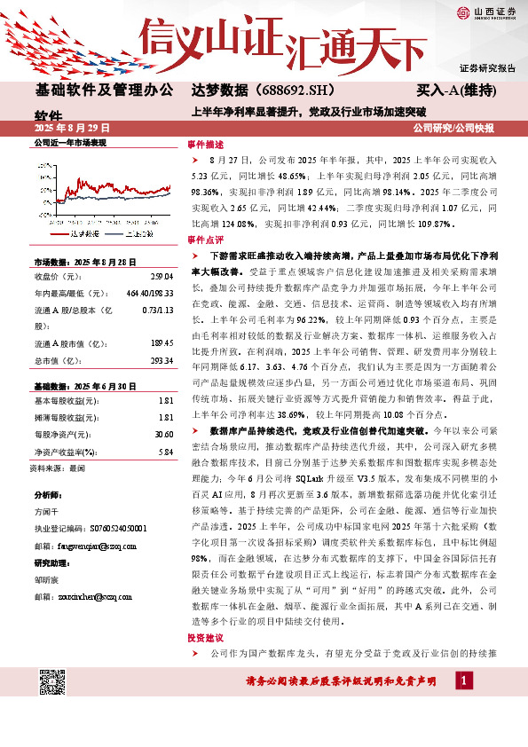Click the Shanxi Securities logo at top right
point(484,12)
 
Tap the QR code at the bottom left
point(52,682)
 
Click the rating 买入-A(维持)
point(455,91)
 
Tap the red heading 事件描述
point(201,143)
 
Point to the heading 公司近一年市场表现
point(69,143)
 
